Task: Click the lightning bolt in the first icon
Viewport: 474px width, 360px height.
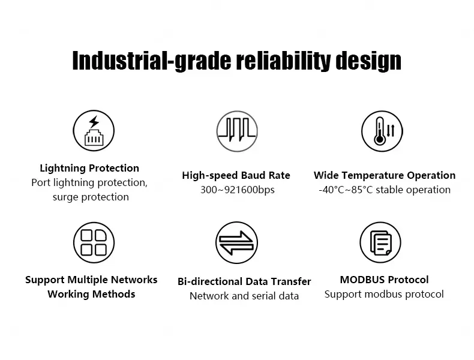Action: (94, 122)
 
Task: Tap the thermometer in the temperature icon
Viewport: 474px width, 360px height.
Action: (380, 131)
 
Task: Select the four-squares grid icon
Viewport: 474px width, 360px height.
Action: (94, 243)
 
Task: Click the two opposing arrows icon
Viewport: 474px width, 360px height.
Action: (236, 243)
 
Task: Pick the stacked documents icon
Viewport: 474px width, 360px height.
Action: (380, 243)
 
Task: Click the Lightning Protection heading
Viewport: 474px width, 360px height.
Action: (89, 168)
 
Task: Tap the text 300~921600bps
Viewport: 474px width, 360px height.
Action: (238, 190)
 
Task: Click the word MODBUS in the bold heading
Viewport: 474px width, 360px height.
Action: (362, 280)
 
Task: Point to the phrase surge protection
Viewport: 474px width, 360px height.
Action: (91, 197)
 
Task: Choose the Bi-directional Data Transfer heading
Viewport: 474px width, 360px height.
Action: (244, 281)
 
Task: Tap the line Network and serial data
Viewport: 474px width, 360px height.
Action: (244, 296)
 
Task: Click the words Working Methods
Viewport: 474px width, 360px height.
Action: (91, 294)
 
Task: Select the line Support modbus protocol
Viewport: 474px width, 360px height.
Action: (384, 294)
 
